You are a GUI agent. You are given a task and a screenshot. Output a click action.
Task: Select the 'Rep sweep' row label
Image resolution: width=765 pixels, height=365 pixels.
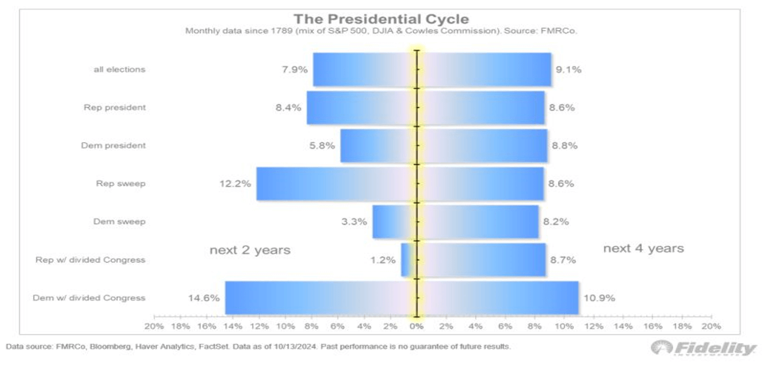pyautogui.click(x=120, y=184)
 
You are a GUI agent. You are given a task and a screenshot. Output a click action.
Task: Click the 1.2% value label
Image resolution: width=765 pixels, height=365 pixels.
pyautogui.click(x=382, y=260)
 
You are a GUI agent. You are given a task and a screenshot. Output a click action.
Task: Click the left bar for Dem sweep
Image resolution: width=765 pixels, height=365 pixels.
pyautogui.click(x=393, y=222)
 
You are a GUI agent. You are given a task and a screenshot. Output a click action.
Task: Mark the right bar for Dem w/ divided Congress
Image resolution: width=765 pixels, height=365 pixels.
pyautogui.click(x=498, y=298)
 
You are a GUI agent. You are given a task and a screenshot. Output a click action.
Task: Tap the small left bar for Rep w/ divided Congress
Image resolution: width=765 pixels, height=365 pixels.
pyautogui.click(x=407, y=260)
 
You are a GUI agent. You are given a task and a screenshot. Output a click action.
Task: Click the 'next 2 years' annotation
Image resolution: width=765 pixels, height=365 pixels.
pyautogui.click(x=250, y=250)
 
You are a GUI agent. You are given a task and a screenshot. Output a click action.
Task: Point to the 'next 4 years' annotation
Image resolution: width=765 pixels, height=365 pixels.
pyautogui.click(x=643, y=249)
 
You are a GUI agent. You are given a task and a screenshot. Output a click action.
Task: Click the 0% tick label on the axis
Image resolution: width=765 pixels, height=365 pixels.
pyautogui.click(x=416, y=327)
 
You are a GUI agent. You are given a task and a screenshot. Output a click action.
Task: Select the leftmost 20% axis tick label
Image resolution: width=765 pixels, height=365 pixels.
pyautogui.click(x=154, y=327)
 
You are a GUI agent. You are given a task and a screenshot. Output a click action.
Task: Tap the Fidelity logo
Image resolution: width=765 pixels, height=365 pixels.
pyautogui.click(x=704, y=348)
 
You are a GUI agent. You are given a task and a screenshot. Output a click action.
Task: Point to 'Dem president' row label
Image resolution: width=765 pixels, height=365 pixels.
pyautogui.click(x=113, y=146)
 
